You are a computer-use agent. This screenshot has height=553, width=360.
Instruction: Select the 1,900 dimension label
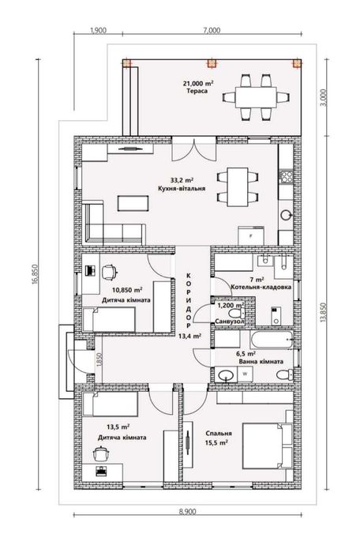(99, 30)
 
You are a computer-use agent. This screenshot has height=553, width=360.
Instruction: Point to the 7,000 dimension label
(212, 30)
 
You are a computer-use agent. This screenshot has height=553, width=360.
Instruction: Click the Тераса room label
(197, 91)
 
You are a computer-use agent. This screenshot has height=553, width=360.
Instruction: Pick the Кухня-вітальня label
(182, 189)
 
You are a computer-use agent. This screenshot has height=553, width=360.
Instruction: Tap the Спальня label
(219, 434)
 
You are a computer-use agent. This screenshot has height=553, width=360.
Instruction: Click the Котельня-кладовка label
(261, 287)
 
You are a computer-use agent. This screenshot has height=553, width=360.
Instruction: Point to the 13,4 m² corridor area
(189, 336)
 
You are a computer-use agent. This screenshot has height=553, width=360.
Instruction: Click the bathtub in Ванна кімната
(272, 339)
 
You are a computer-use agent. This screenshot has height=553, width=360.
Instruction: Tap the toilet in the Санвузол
(237, 313)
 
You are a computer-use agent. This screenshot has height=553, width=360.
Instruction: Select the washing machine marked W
(246, 374)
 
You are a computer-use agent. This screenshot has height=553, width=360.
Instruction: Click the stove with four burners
(286, 176)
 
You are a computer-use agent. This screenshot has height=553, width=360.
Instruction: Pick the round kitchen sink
(286, 214)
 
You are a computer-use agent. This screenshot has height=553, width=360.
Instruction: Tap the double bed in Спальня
(268, 446)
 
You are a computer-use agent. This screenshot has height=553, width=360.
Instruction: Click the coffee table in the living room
(133, 204)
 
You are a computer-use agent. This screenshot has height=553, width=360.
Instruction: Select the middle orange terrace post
(212, 63)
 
